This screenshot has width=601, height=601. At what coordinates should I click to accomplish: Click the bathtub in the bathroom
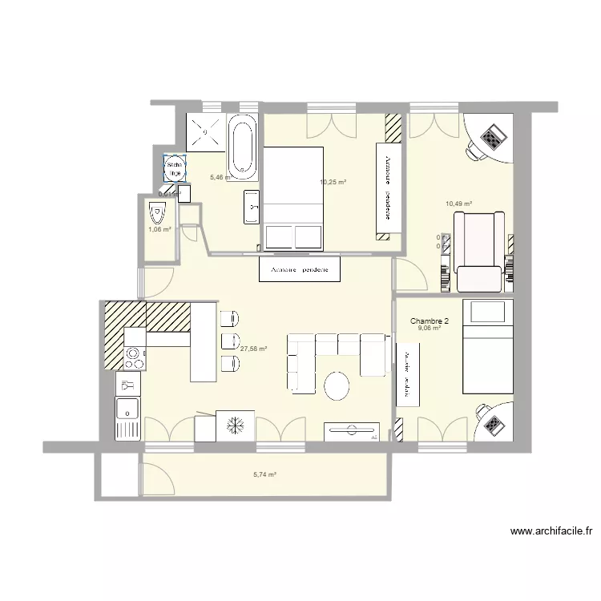point(243,148)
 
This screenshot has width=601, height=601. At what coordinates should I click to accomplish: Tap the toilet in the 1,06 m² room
point(157,215)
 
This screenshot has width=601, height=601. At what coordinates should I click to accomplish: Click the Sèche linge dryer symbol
point(174,169)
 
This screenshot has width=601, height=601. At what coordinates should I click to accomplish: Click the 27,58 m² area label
point(253,349)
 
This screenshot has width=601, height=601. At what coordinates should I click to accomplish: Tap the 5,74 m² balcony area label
point(264,474)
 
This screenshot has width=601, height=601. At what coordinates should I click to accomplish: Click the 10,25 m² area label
point(333,183)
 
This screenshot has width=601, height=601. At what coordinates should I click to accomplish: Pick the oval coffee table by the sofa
point(337,386)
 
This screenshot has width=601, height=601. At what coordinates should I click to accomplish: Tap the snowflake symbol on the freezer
point(236,425)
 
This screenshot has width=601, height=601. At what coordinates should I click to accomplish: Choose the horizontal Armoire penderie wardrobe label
point(300,269)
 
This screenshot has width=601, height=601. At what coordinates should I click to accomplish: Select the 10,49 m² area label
point(458,204)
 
